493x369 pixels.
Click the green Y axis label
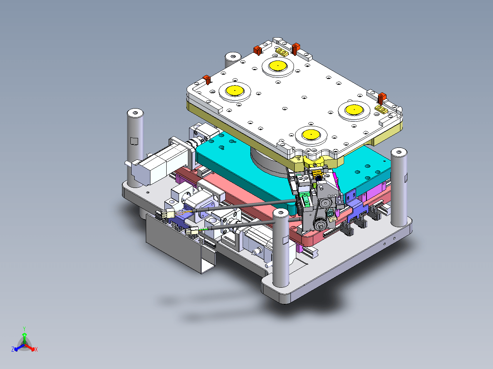(24, 329)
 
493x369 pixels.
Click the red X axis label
(36, 349)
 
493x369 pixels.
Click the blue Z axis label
(13, 349)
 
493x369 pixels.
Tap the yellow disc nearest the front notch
(311, 134)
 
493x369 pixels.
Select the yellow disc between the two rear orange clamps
(278, 65)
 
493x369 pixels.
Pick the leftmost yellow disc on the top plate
(235, 91)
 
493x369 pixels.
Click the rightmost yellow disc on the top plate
(354, 110)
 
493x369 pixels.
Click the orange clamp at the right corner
(382, 99)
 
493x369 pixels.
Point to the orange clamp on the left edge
(207, 80)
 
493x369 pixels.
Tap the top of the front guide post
(281, 213)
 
